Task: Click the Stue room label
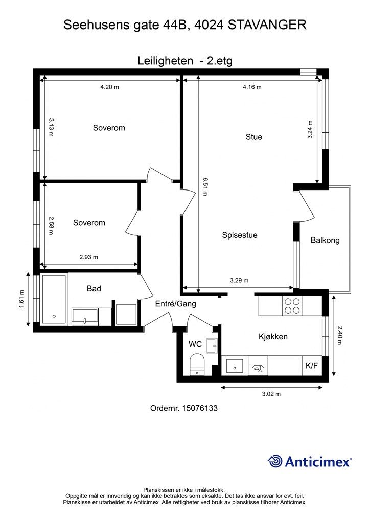point(253,137)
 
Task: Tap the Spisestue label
point(240,235)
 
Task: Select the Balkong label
point(325,240)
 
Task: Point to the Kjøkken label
point(273,337)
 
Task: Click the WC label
point(195,344)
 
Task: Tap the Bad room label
point(94,288)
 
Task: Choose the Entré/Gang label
point(175,304)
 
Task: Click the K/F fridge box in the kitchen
point(312,366)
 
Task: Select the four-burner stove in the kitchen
point(292,306)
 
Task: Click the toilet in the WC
point(197,365)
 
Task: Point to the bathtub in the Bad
point(54,299)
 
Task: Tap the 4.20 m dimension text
point(109,87)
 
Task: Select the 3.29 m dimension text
point(239,281)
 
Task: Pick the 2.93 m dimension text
point(89,257)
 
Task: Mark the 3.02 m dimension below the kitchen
point(271,394)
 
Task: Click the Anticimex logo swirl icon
point(275,461)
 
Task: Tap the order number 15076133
point(199,408)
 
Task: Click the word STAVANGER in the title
point(268,25)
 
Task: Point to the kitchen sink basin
point(235,366)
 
